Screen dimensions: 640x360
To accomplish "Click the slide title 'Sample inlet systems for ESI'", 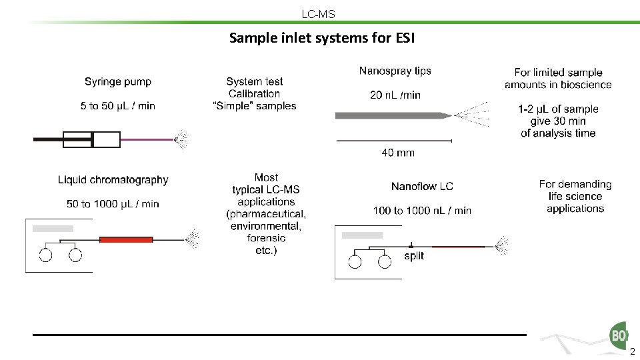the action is point(322,38).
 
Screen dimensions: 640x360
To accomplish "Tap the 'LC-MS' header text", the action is point(319,14).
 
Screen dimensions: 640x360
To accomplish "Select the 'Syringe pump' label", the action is point(118,82).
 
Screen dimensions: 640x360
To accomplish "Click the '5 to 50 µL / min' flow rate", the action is point(118,105).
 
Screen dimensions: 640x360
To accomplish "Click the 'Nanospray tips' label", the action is point(395,71).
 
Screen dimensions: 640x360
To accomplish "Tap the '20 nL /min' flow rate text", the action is point(395,95).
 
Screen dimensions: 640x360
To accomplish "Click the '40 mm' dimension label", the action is point(398,153).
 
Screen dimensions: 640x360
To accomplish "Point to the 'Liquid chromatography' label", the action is point(113,180).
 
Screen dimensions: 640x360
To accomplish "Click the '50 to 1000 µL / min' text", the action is point(113,204).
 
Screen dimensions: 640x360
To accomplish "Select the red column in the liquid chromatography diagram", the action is point(126,239).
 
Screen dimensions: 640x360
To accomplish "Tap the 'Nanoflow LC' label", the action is point(422,187).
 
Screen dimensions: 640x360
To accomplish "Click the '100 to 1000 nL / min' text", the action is point(422,211).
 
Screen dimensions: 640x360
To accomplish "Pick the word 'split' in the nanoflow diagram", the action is point(414,256).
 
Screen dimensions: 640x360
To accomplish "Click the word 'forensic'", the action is point(266,238).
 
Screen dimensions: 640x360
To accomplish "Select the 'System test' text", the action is point(255,82).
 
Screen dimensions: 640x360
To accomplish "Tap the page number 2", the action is point(632,352).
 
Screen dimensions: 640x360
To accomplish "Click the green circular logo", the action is point(619,335).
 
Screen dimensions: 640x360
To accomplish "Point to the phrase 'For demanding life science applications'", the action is point(575,196).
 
